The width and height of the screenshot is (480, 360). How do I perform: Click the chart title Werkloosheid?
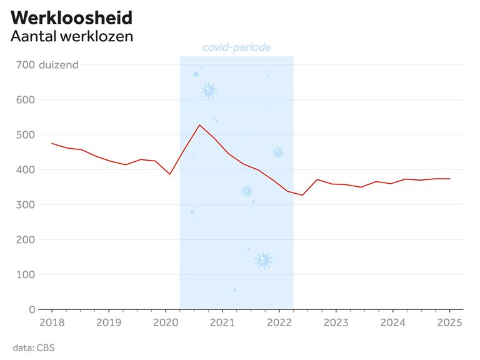[x=71, y=17]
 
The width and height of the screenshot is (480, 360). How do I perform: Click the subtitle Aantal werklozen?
[x=72, y=36]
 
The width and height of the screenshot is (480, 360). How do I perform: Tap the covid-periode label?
[x=236, y=47]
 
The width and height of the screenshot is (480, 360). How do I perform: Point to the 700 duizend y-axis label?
[x=47, y=64]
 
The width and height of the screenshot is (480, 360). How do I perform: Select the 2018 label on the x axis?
[x=52, y=323]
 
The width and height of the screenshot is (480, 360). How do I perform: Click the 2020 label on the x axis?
[x=166, y=323]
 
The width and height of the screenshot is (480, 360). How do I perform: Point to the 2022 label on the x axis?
[x=279, y=323]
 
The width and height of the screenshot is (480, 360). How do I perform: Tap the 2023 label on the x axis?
[x=336, y=323]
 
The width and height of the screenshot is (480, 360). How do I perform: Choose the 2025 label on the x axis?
[x=449, y=323]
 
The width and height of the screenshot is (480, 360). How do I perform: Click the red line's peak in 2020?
[x=199, y=125]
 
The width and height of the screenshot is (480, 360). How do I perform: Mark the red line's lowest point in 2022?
[x=302, y=195]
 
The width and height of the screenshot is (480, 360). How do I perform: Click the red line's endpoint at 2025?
[x=449, y=179]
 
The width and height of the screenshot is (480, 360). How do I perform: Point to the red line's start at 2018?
[x=52, y=143]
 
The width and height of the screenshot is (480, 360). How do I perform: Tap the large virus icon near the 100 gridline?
[x=264, y=261]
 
